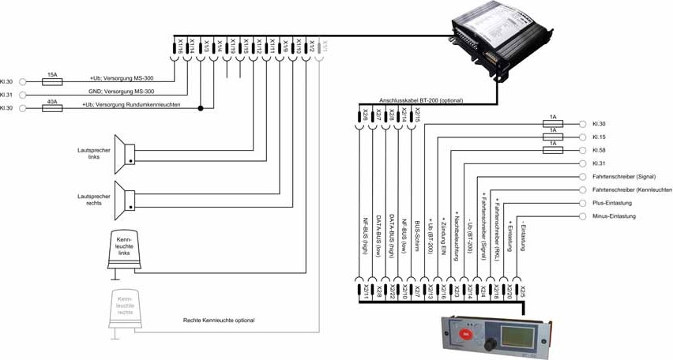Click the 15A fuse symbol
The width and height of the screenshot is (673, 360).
pyautogui.click(x=52, y=81)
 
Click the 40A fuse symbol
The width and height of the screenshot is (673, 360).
pyautogui.click(x=52, y=108)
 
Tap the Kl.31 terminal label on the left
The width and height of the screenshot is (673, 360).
pyautogui.click(x=7, y=95)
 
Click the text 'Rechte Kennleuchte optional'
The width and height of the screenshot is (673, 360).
pyautogui.click(x=218, y=321)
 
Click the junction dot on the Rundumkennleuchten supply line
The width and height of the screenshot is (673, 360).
pyautogui.click(x=201, y=108)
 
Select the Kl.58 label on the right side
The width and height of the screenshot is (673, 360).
pyautogui.click(x=599, y=150)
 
